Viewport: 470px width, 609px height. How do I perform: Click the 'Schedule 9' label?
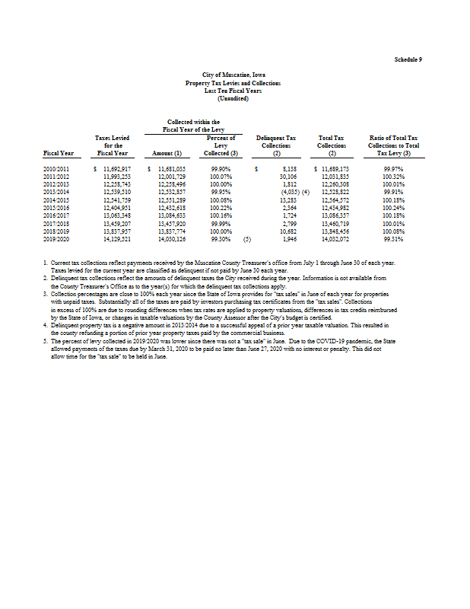408,59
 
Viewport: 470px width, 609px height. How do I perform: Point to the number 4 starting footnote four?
46,326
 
